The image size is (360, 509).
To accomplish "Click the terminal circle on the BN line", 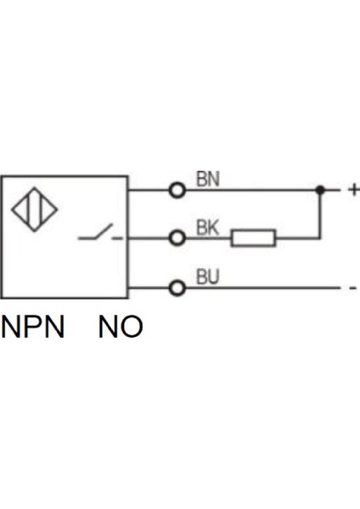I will point(177,191).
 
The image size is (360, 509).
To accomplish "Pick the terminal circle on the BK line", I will point(177,238).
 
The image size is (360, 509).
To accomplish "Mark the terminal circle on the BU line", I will point(177,288).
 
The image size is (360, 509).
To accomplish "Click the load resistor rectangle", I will point(253,238).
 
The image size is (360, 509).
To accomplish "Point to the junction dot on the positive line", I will point(320,191).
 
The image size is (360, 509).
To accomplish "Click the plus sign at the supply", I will point(353,191).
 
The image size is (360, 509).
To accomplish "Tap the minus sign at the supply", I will point(352,288).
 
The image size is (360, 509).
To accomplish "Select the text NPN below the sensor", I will point(33,327).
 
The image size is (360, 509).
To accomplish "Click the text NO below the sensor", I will point(121,327).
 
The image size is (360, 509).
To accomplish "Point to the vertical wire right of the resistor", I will point(320,216).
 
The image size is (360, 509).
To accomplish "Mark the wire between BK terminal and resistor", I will point(208,238).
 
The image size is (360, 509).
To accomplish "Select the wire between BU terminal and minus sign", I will point(263,288).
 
